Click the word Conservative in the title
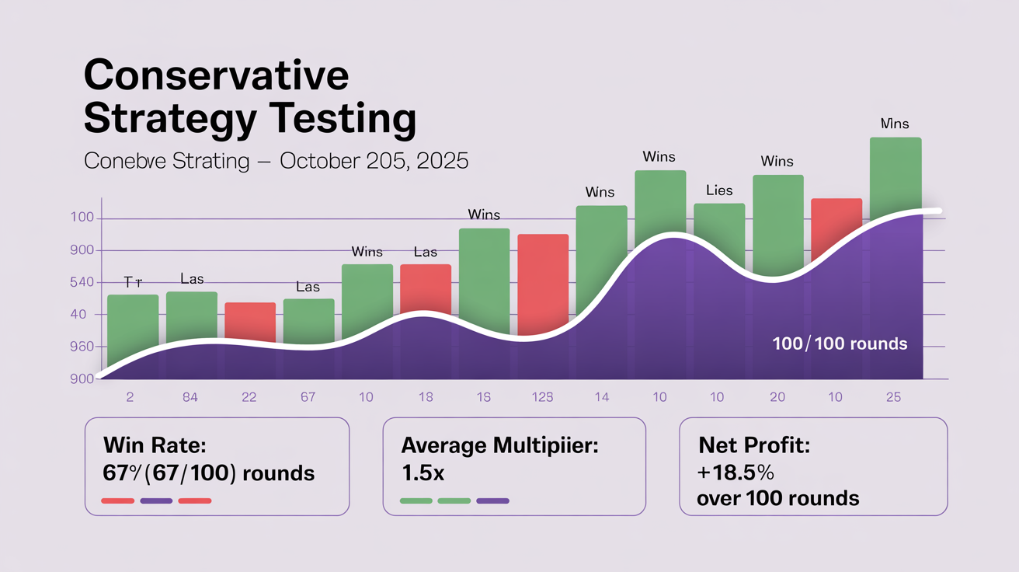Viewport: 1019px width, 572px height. [x=216, y=77]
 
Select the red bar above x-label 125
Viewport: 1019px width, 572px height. [x=543, y=284]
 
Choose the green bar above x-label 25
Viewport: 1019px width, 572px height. [x=896, y=177]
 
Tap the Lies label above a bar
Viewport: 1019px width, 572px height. [x=719, y=190]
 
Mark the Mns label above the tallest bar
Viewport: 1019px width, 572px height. [x=895, y=124]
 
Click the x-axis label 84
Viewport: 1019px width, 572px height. [x=190, y=397]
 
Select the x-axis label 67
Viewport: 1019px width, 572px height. [x=308, y=397]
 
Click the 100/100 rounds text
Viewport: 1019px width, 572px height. [x=840, y=344]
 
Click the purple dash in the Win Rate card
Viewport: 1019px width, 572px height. [x=157, y=501]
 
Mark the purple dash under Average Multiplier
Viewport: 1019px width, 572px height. [x=492, y=501]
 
